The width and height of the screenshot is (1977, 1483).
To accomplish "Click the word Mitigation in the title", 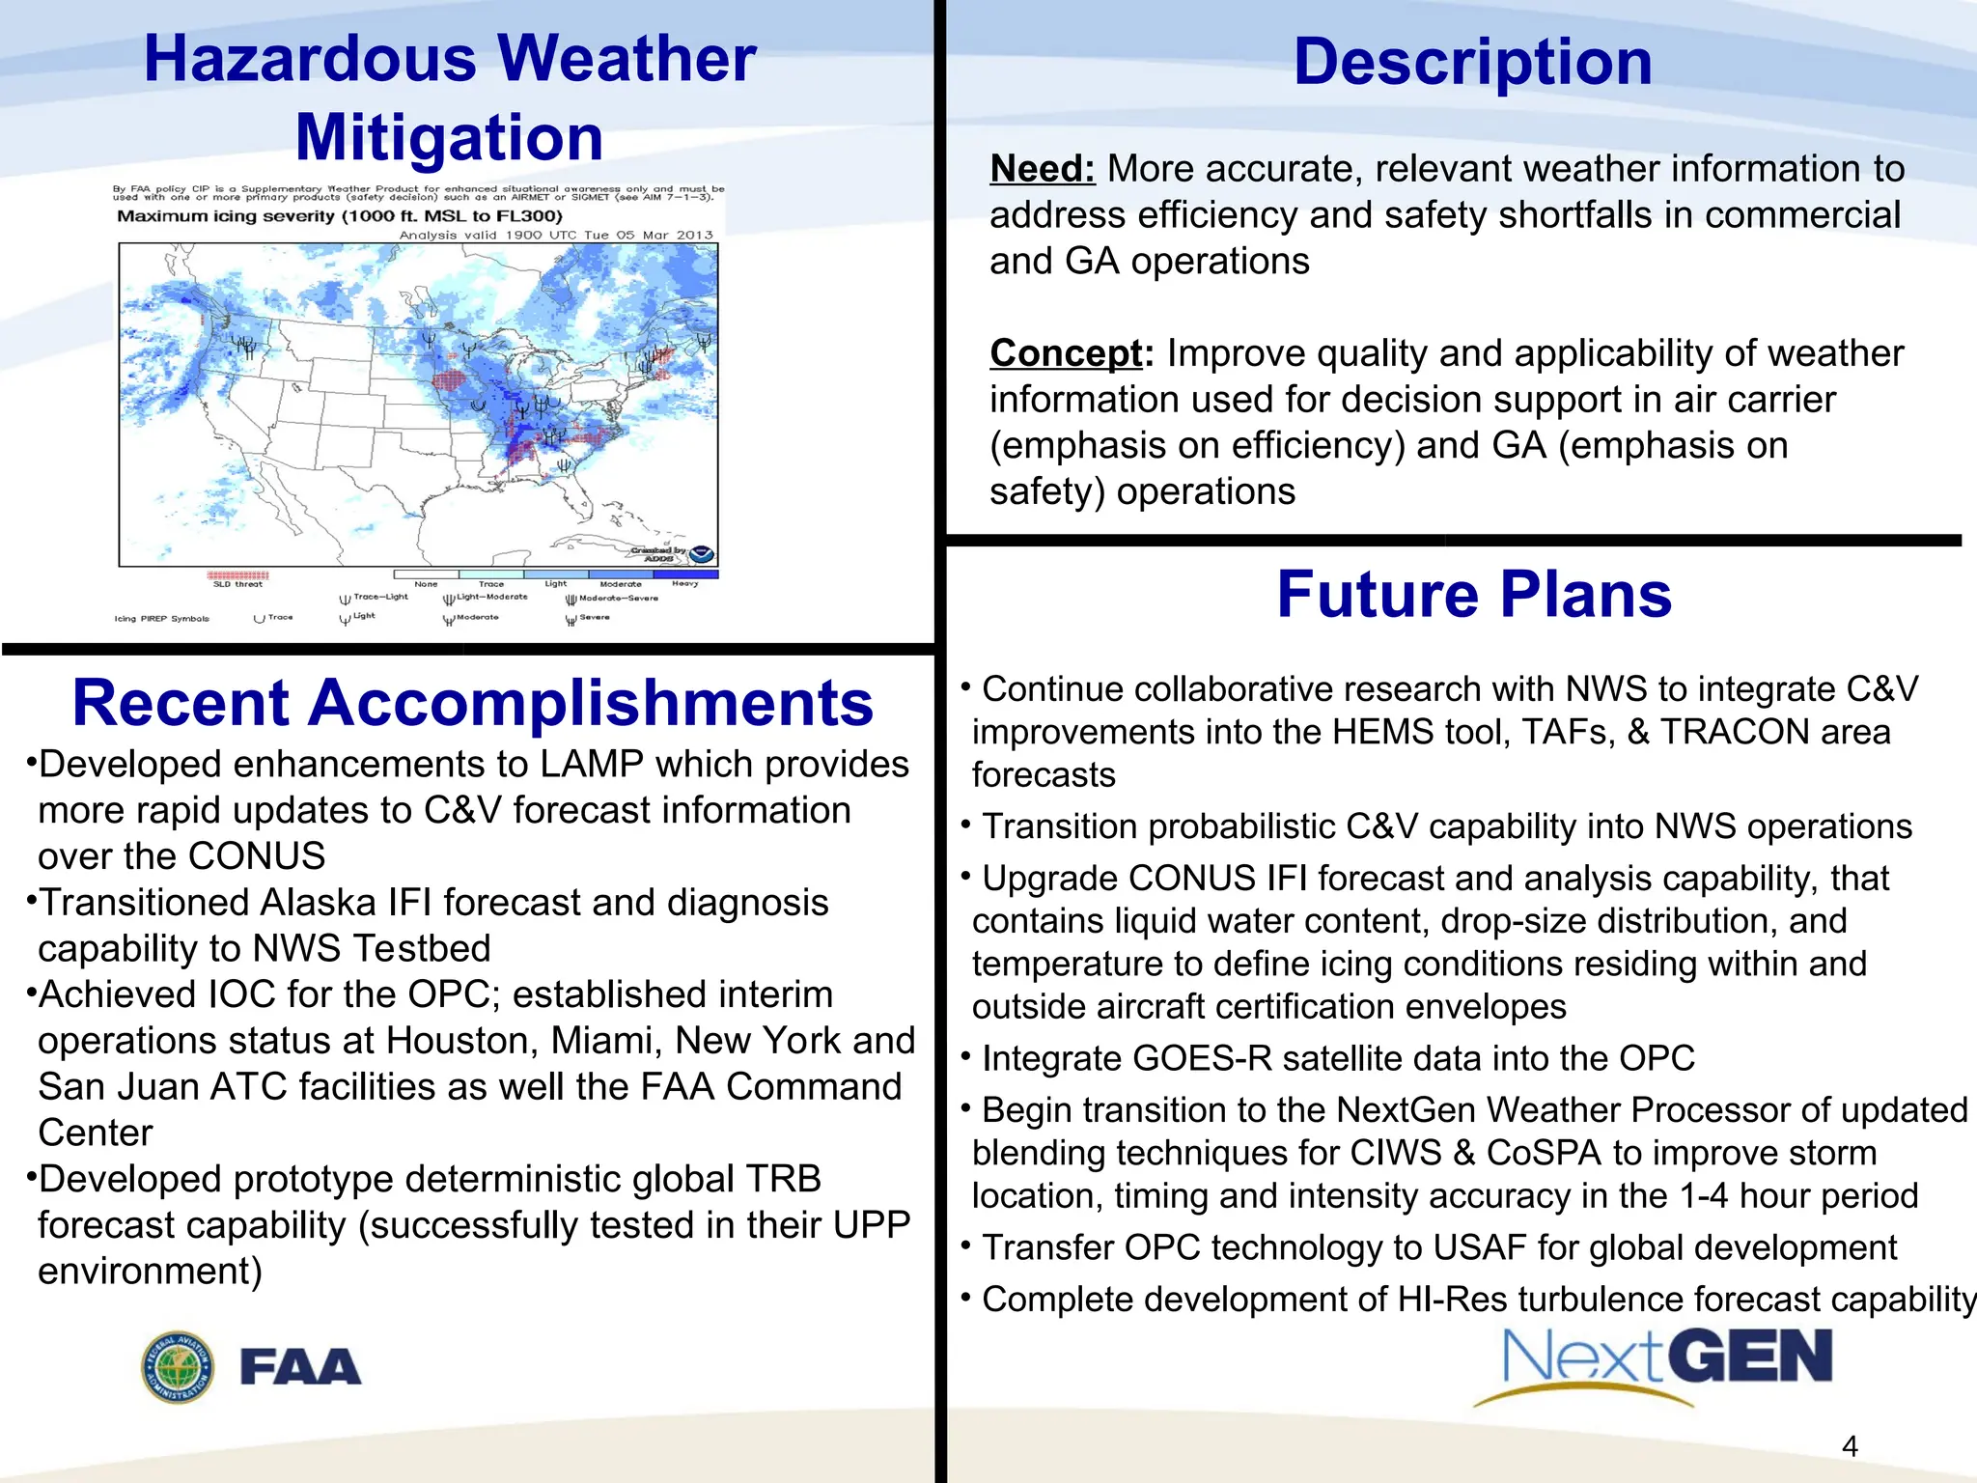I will [449, 137].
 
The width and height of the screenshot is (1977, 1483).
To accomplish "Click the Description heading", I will [1471, 62].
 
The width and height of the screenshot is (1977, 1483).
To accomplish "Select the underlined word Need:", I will [1042, 169].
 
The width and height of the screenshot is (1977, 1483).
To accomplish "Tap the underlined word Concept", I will [1066, 353].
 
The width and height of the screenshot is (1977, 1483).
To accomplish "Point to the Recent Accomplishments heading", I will [472, 702].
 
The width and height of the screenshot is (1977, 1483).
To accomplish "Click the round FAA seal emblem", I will [178, 1367].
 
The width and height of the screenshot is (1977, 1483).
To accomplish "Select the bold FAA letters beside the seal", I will [300, 1368].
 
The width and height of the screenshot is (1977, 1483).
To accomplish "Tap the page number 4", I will [1850, 1445].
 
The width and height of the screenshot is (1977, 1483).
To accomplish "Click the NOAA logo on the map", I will [702, 554].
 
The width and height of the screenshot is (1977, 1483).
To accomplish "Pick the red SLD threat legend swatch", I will [237, 575].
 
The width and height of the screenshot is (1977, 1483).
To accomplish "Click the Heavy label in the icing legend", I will [684, 584].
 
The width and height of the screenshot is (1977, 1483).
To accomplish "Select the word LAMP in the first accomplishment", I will [591, 765].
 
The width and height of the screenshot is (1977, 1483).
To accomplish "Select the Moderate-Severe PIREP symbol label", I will [618, 599].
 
